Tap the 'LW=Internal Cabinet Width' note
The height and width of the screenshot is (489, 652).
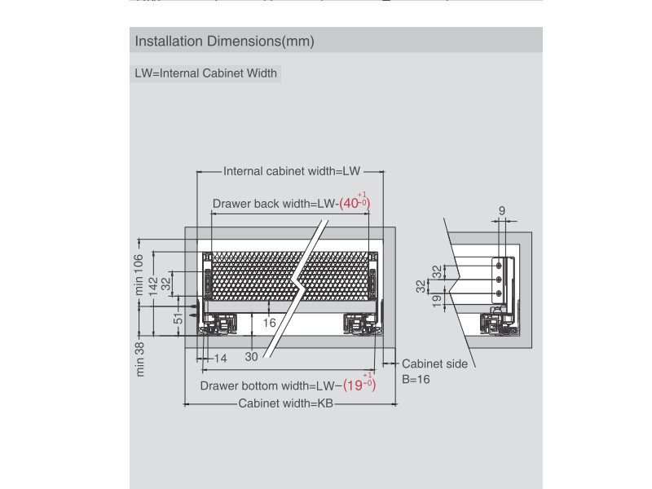[x=205, y=73]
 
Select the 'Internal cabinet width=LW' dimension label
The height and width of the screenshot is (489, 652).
[x=292, y=171]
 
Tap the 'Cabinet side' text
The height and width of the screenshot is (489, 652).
[x=434, y=363]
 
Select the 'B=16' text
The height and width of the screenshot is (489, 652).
[x=416, y=379]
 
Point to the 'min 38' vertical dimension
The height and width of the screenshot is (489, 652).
[x=139, y=359]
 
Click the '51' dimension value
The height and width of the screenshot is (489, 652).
[x=178, y=318]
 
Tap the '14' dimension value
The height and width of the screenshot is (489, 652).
[x=221, y=359]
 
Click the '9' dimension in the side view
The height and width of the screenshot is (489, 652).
[x=502, y=210]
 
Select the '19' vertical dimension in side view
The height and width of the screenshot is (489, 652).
[x=438, y=301]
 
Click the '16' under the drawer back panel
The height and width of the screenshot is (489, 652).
[x=270, y=323]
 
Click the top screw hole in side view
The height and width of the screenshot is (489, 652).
[x=498, y=265]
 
